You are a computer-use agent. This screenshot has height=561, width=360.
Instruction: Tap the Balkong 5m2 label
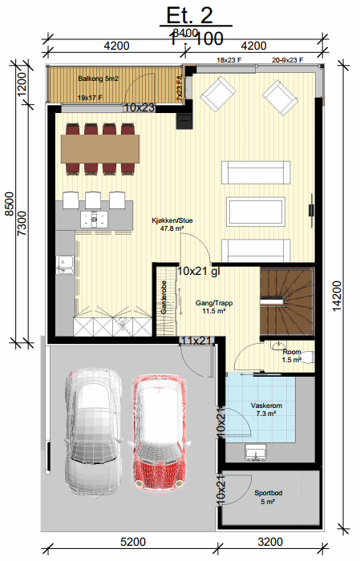pyautogui.click(x=98, y=79)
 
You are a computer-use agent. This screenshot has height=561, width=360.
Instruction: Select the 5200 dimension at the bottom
pyautogui.click(x=134, y=543)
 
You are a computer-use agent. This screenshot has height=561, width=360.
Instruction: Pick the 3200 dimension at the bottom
pyautogui.click(x=269, y=543)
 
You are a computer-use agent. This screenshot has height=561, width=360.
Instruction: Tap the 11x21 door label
pyautogui.click(x=196, y=341)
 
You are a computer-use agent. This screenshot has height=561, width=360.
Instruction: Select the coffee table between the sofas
pyautogui.click(x=258, y=212)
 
